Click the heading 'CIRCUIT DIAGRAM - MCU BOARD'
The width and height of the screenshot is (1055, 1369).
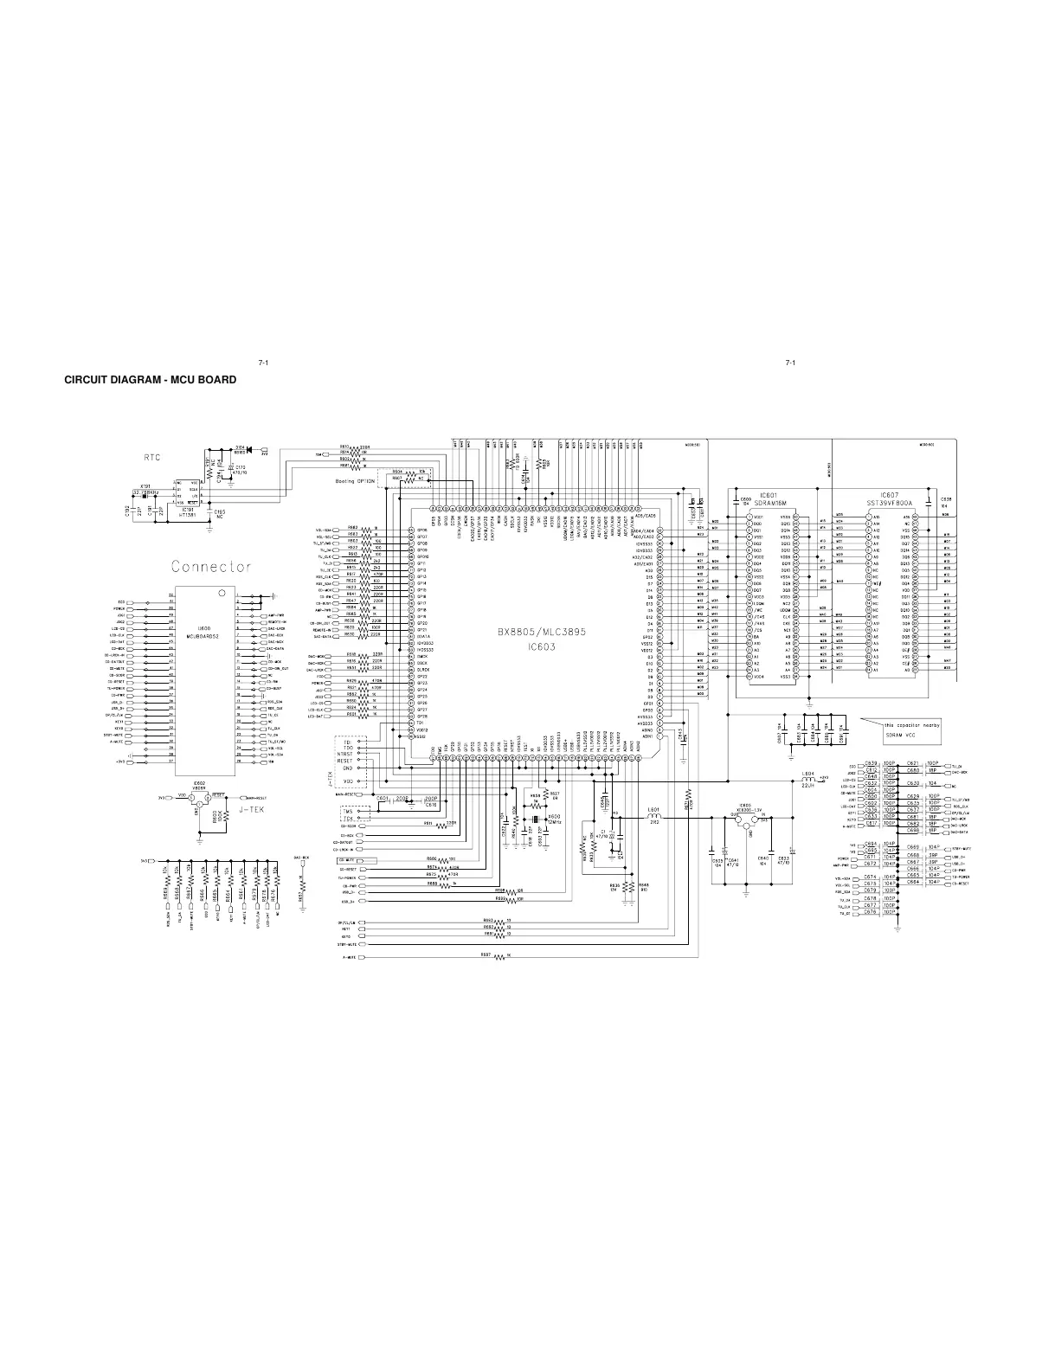(151, 380)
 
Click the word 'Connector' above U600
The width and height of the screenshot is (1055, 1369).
(211, 567)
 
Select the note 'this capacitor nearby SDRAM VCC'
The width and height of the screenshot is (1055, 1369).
(911, 729)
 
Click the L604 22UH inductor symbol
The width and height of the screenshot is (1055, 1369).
(808, 781)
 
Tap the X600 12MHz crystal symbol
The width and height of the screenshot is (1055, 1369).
(536, 819)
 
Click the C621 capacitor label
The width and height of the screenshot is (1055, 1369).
(912, 764)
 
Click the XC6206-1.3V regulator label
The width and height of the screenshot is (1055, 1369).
(745, 810)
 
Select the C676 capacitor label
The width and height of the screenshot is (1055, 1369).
(871, 912)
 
